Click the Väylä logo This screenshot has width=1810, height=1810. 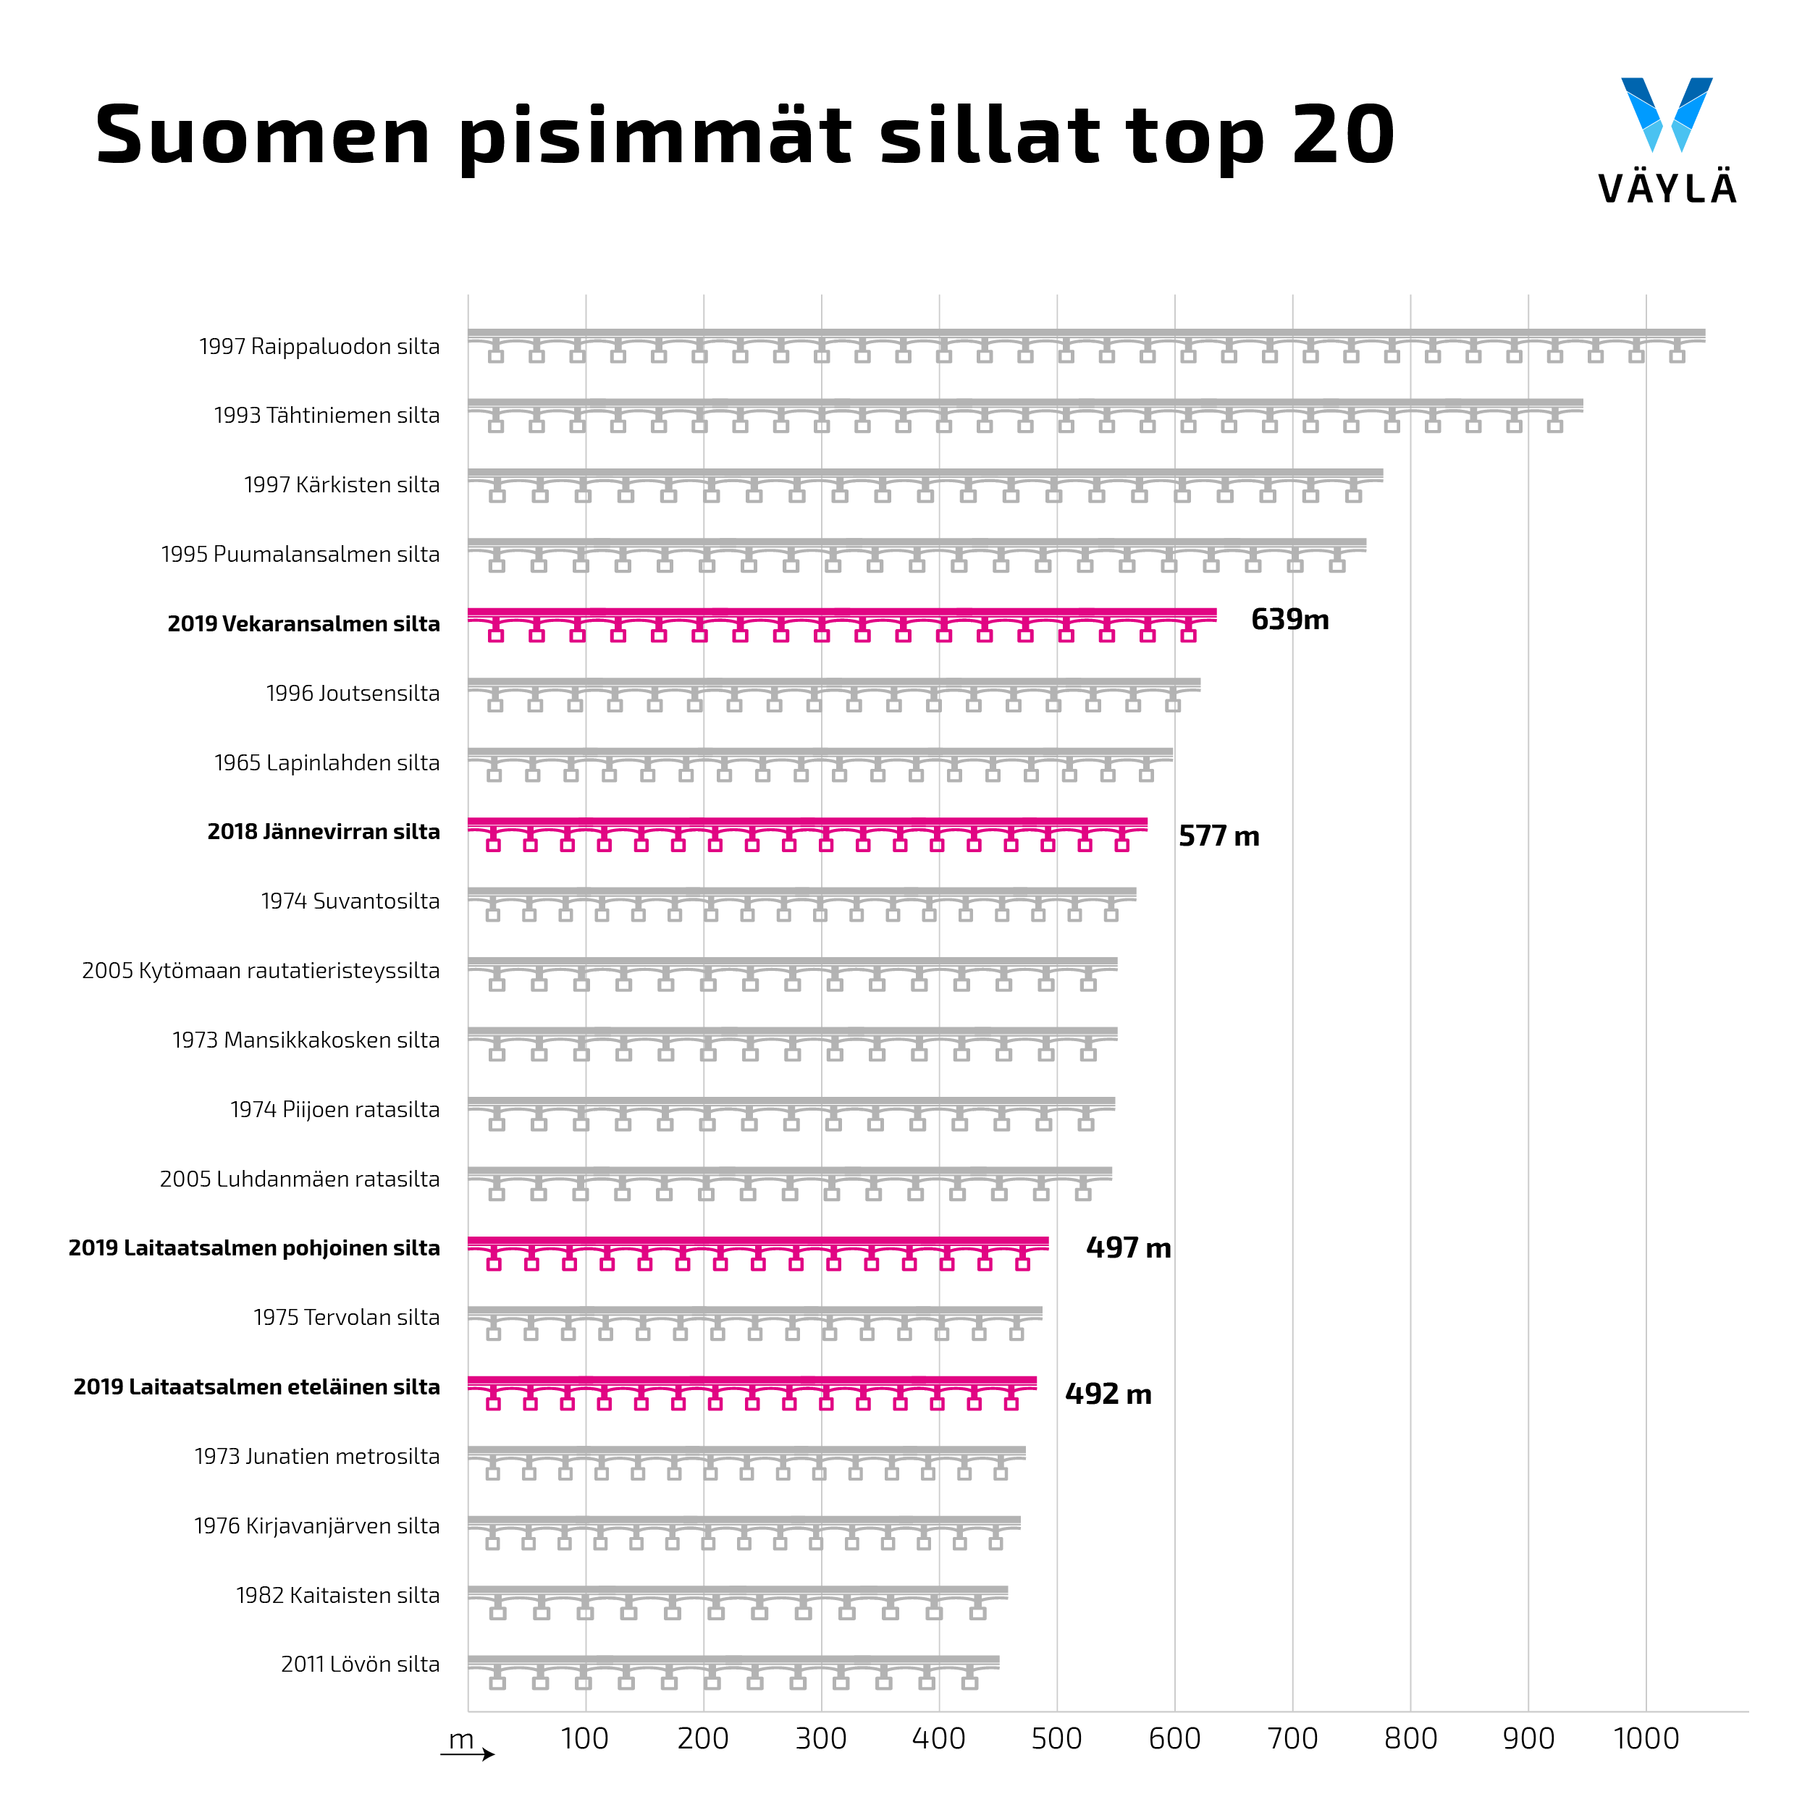coord(1666,140)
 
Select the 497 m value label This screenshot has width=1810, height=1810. coord(1128,1248)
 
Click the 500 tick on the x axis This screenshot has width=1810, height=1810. coord(1057,1739)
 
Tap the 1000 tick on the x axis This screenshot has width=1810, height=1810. coord(1646,1739)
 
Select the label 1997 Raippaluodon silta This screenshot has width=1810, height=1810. coord(319,347)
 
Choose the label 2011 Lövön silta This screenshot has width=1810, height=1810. coord(361,1664)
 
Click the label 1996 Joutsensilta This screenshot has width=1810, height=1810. coord(353,694)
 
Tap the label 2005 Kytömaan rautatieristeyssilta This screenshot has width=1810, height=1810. coord(261,971)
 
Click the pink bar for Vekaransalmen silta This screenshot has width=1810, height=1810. coord(841,623)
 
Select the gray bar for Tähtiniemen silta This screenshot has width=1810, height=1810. coord(1025,414)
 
